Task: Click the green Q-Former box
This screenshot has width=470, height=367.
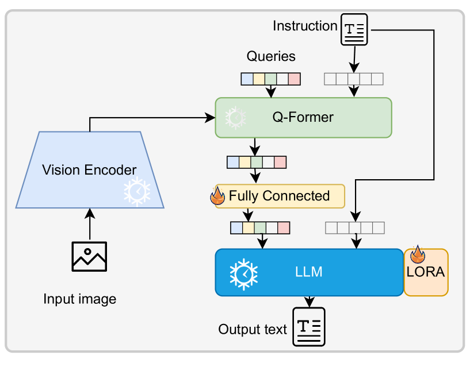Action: (x=303, y=118)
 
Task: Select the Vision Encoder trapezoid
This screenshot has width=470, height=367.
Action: (x=90, y=170)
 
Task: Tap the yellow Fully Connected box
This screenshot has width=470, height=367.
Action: (x=280, y=196)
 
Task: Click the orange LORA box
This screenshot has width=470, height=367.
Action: (x=426, y=272)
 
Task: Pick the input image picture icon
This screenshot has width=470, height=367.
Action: (x=89, y=256)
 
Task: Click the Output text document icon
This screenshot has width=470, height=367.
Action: (x=309, y=327)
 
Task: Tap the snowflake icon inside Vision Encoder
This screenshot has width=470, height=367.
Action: (x=138, y=192)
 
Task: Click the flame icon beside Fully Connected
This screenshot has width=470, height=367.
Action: (x=218, y=195)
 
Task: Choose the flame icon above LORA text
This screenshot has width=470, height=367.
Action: (x=417, y=256)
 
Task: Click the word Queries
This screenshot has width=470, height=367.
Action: (x=271, y=56)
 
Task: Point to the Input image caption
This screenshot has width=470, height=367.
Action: (x=80, y=299)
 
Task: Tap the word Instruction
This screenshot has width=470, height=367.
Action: (x=305, y=26)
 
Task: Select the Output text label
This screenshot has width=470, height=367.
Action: (x=253, y=330)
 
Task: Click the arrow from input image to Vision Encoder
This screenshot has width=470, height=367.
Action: (x=90, y=224)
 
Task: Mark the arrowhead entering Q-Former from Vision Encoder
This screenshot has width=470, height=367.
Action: (x=211, y=118)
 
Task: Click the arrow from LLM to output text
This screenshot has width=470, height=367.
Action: (x=309, y=301)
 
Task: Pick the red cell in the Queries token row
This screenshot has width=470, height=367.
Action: (x=294, y=79)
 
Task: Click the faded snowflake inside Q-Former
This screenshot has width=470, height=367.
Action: (x=235, y=118)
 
